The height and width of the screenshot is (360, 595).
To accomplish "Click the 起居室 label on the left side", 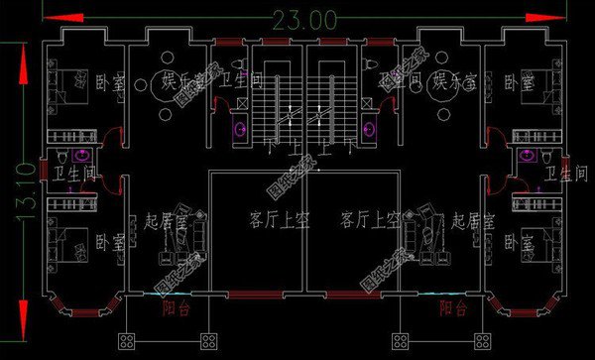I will pos(165,218).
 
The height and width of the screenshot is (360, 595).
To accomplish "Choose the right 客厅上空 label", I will pos(368,216).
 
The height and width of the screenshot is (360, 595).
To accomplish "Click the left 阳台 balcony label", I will pos(176,308).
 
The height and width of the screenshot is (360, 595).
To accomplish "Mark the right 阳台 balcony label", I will pos(452,308).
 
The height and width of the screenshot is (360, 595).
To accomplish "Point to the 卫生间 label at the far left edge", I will pos(75,175).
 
